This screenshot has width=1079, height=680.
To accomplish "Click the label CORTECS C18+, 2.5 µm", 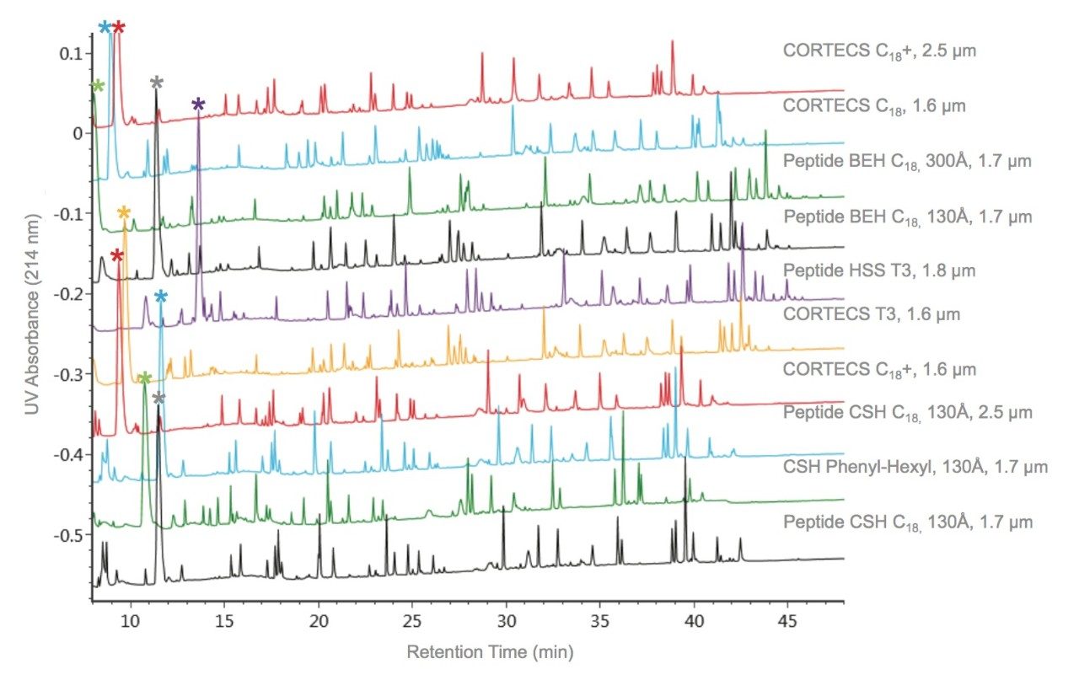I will point(879,50).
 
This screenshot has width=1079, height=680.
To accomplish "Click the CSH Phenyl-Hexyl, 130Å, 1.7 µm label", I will point(915,466).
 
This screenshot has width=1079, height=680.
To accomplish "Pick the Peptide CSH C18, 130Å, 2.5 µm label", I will point(907,412).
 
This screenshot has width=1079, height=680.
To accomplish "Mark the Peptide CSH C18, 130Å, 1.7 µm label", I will point(907,522).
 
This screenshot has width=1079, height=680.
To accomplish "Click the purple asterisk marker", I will point(198,105).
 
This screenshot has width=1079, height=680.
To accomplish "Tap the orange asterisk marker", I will point(124,212).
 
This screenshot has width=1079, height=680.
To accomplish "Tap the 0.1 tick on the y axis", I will point(70,53).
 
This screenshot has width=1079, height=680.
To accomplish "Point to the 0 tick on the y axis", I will point(76,133).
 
